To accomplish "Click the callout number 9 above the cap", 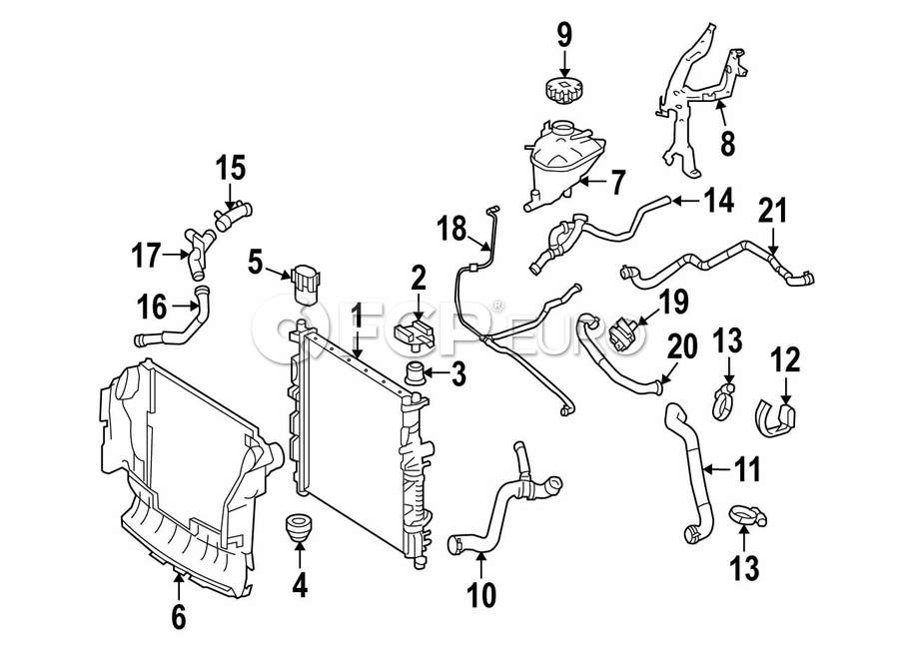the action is point(564,36).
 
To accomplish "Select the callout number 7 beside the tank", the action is point(617,183).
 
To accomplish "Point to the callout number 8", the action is point(727,143).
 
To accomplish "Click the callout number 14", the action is point(719,201).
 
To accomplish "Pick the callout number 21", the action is point(772,210).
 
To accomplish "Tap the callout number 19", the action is point(673,302).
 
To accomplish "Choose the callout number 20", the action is point(682,346).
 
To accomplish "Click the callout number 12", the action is point(785,360).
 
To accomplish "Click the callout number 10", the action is point(481,595).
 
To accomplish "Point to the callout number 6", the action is point(179,616).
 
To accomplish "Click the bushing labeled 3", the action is point(415,373).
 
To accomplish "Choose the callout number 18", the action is point(452,229).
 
